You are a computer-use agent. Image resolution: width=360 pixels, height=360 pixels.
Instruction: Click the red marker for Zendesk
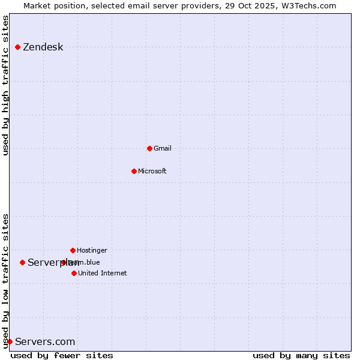[17, 47]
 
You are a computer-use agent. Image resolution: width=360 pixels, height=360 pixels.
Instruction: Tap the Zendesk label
[43, 47]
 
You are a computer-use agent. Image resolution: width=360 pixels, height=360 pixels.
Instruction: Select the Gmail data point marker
[149, 148]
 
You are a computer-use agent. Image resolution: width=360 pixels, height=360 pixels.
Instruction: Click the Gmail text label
[163, 149]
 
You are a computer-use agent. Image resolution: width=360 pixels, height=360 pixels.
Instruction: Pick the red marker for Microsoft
[134, 171]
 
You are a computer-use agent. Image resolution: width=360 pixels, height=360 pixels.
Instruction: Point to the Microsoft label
[152, 172]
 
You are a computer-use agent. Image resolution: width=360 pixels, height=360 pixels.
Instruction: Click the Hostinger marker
[73, 250]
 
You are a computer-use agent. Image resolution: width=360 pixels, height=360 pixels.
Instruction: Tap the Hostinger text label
[92, 251]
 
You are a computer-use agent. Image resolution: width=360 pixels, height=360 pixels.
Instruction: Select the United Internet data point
[74, 273]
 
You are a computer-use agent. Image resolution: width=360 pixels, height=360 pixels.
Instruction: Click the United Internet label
[103, 274]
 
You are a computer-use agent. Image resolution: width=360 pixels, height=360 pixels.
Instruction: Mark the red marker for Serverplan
[22, 262]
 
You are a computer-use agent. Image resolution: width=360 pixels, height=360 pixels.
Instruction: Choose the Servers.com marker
[10, 341]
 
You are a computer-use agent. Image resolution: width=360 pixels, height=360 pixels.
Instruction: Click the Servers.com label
[45, 342]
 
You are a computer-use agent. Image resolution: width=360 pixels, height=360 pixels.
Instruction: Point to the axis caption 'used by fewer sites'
[62, 355]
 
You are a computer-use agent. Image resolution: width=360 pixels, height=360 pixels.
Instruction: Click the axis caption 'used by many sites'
[301, 355]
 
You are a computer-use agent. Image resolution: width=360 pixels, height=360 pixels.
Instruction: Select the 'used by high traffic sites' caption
[6, 85]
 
